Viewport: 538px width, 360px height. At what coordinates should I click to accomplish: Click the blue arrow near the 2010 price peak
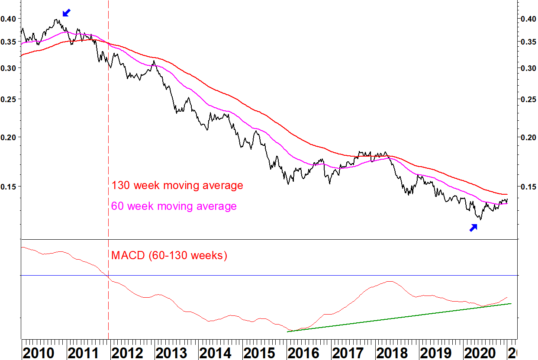tap(66, 13)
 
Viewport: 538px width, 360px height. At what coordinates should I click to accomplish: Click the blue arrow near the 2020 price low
tap(473, 227)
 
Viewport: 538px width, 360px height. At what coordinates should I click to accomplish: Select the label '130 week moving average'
tap(177, 186)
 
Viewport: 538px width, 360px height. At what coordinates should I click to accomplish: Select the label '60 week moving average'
tap(174, 206)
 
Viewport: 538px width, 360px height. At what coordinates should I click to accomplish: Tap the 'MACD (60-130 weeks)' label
tap(169, 255)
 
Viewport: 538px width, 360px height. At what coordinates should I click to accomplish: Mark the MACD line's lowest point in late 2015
tap(289, 331)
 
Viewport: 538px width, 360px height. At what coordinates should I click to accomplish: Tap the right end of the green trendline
tap(512, 303)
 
